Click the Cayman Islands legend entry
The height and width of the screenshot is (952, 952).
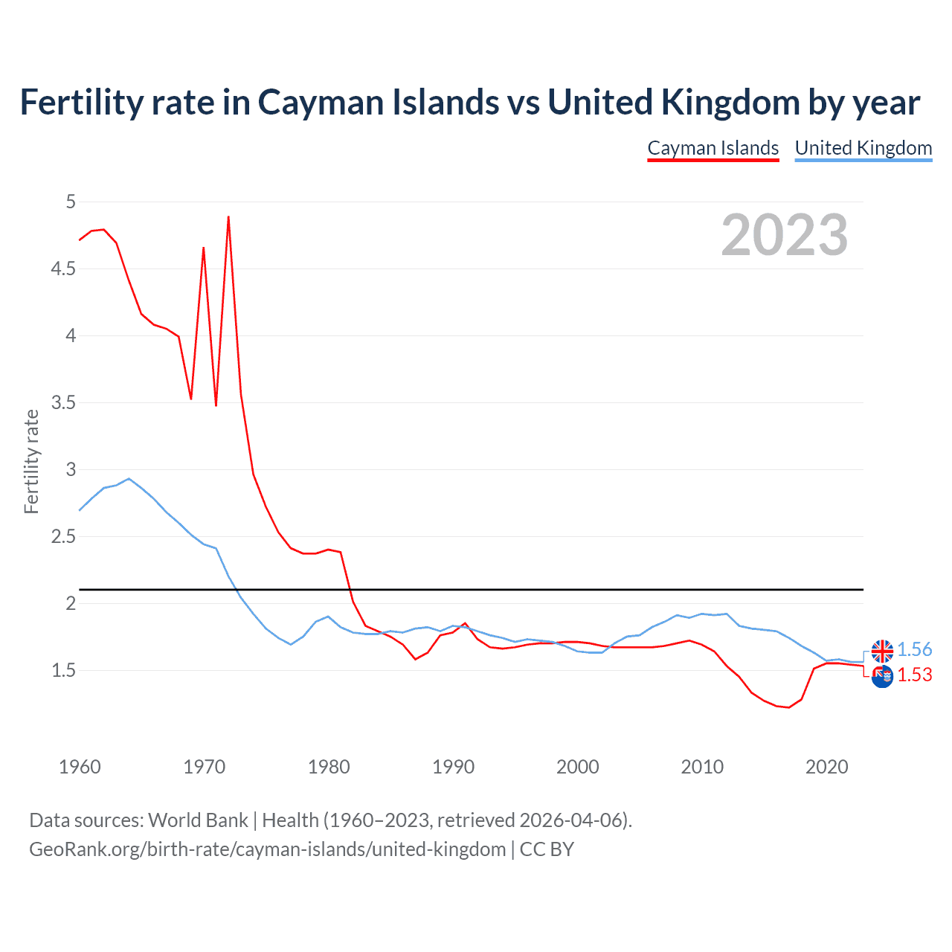pyautogui.click(x=713, y=148)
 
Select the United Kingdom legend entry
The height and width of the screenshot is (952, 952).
pyautogui.click(x=863, y=148)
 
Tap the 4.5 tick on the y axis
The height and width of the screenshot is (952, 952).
pyautogui.click(x=63, y=268)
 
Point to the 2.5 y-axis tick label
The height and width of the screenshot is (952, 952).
pyautogui.click(x=63, y=536)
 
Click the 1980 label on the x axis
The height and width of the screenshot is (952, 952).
pyautogui.click(x=329, y=767)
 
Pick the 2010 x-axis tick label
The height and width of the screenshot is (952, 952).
pyautogui.click(x=702, y=767)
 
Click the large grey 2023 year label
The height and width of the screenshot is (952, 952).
pyautogui.click(x=784, y=235)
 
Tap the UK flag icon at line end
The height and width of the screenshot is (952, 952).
pyautogui.click(x=882, y=651)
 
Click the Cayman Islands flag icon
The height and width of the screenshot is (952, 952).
pyautogui.click(x=882, y=677)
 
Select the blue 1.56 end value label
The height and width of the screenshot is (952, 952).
pyautogui.click(x=914, y=649)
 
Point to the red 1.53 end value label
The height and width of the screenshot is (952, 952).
pyautogui.click(x=914, y=675)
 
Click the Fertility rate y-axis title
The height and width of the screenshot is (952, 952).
pyautogui.click(x=31, y=461)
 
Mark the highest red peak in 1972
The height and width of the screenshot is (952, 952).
pyautogui.click(x=228, y=217)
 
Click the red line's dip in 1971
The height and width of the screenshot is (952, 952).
pyautogui.click(x=216, y=405)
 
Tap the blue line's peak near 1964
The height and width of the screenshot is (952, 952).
pyautogui.click(x=129, y=479)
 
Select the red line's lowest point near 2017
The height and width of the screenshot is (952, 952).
pyautogui.click(x=788, y=707)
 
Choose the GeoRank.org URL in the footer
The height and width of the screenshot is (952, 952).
pyautogui.click(x=267, y=849)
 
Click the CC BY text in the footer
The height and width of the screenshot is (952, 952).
pyautogui.click(x=547, y=849)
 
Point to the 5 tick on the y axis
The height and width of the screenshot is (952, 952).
pyautogui.click(x=71, y=202)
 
